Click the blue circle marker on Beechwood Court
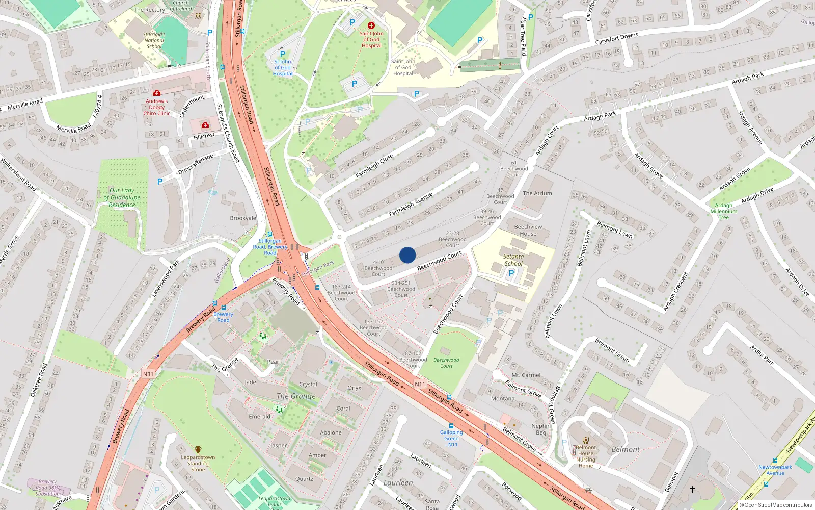407,255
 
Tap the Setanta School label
513,260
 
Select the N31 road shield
148,374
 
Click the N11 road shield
420,384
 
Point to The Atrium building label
537,193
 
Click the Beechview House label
528,230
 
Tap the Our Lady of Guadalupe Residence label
122,197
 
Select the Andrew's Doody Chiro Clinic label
157,107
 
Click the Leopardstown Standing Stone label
198,463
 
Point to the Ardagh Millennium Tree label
723,211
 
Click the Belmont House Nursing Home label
586,456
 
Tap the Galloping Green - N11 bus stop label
451,438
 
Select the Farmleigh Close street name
374,166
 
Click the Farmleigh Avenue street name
411,204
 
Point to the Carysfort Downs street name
616,39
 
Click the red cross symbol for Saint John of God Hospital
371,25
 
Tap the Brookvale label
243,218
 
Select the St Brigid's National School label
154,40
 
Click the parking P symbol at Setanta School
511,273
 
